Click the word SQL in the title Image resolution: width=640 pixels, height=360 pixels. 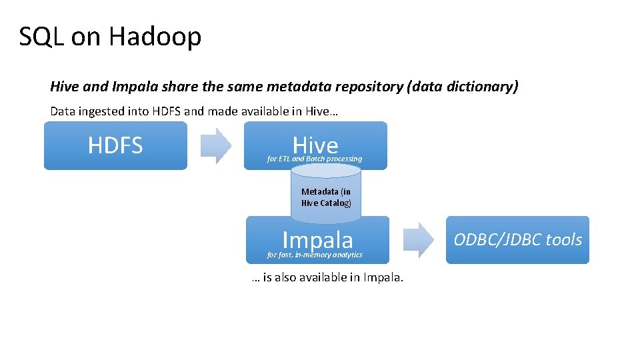click(x=41, y=37)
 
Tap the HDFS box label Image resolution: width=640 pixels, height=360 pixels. click(x=115, y=145)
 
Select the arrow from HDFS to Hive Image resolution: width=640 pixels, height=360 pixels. click(x=216, y=145)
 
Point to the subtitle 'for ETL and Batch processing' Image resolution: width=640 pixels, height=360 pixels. click(x=314, y=159)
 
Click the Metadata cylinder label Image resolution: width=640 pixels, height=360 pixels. click(x=326, y=197)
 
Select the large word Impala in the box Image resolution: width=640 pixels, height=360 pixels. click(x=317, y=239)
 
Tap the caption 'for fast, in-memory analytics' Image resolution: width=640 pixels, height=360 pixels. click(x=315, y=255)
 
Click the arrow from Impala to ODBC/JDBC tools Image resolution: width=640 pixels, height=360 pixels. click(x=418, y=240)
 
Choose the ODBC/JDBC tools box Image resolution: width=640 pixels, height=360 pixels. click(x=517, y=240)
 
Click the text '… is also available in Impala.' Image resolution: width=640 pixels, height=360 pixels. click(x=327, y=277)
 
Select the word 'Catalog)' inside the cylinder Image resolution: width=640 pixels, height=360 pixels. click(x=336, y=203)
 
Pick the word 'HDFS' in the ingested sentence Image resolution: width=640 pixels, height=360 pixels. click(x=166, y=111)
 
